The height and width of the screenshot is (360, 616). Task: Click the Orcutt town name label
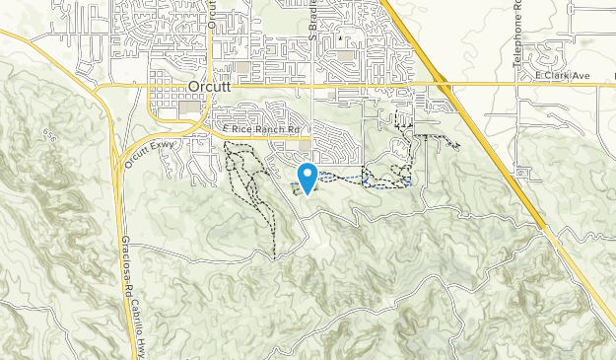point(207,87)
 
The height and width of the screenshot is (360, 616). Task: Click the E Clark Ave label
point(561,75)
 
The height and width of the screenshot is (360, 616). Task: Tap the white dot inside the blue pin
point(308,175)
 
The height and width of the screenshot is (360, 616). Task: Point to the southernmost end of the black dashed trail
point(273,258)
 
